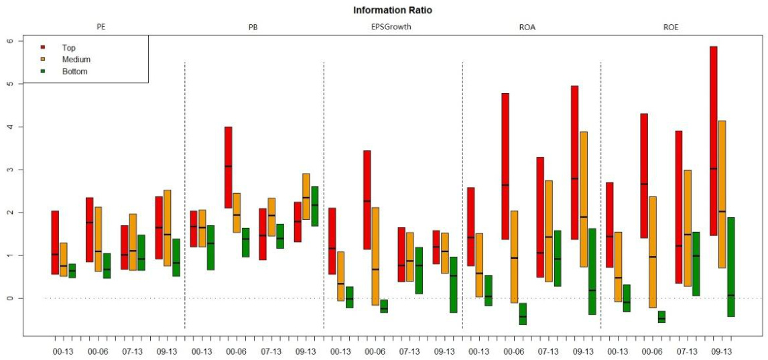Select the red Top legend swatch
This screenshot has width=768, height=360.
pos(43,48)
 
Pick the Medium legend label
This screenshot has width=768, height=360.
pos(76,60)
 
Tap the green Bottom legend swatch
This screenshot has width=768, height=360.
pos(43,71)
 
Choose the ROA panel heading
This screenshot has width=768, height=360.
pos(531,27)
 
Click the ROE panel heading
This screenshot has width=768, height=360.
pos(670,27)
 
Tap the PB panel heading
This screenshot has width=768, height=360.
pos(253,27)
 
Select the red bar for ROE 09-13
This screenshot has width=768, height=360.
pos(713,141)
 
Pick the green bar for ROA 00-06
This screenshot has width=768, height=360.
pos(523,314)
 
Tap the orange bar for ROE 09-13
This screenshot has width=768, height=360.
pos(722,194)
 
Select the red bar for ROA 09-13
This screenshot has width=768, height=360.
pos(574,162)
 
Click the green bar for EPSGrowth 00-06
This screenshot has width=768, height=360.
pos(384,306)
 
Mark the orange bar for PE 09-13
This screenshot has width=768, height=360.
pos(167,228)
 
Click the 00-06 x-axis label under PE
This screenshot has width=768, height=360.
pos(99,351)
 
